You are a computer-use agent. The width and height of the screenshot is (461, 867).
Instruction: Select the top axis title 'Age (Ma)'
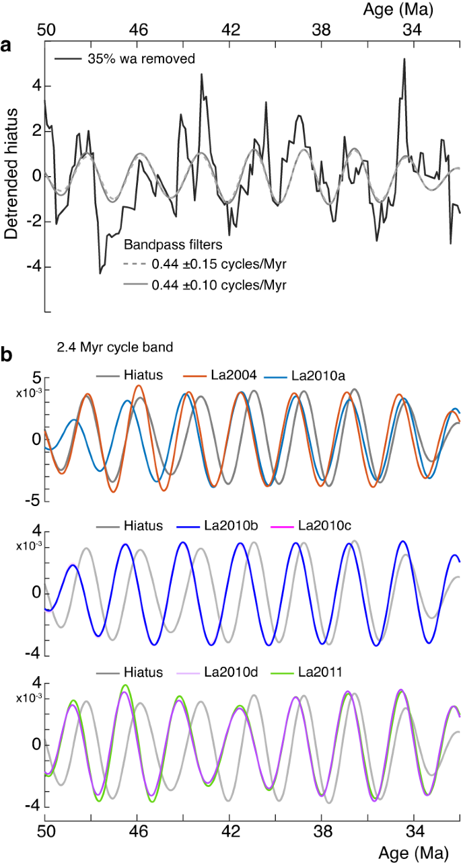click(x=397, y=9)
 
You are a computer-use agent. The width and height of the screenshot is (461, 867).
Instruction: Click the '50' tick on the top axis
click(x=45, y=30)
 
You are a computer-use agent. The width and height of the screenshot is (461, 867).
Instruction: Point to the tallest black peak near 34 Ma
click(x=404, y=60)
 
